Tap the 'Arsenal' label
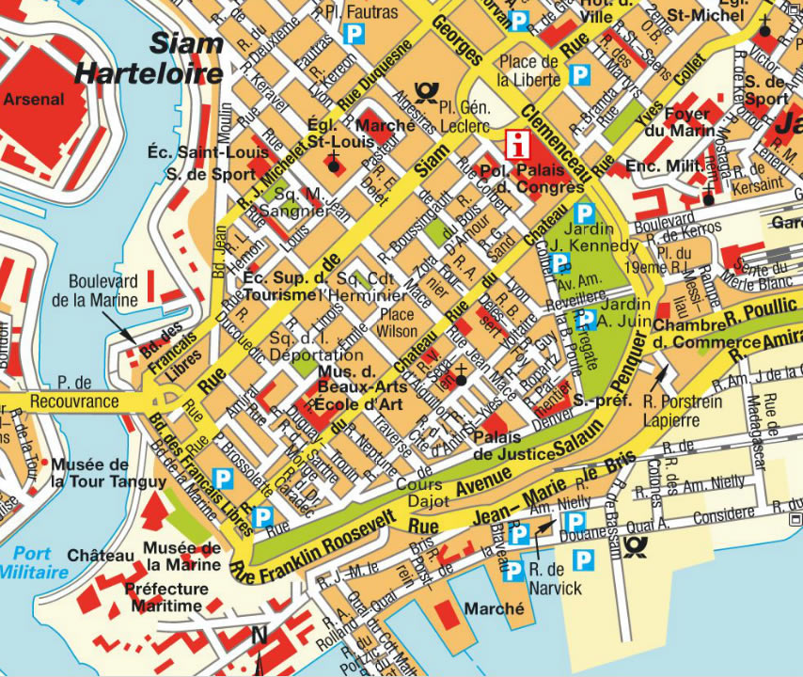point(34,98)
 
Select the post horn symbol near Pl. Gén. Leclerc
point(429,92)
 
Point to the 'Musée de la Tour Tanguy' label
point(90,474)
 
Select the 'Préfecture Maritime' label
point(166,598)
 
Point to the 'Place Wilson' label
point(396,323)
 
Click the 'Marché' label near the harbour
point(494,608)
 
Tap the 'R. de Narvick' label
point(555,580)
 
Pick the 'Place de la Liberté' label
point(529,71)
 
